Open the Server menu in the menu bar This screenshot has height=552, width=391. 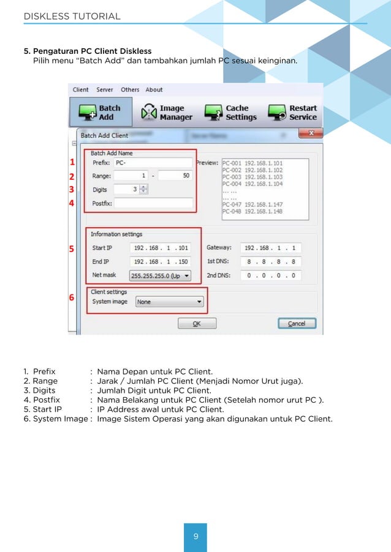click(105, 90)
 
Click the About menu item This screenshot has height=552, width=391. click(154, 90)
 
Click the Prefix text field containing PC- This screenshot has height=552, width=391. click(153, 163)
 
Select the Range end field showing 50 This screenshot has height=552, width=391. click(175, 176)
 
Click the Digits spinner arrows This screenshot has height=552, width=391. click(143, 190)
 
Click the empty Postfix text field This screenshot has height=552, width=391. click(153, 203)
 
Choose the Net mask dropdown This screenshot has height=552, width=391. click(160, 276)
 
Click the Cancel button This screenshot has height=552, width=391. click(297, 323)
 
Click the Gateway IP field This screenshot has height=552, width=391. click(270, 248)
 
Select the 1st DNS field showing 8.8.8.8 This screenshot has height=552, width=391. click(270, 262)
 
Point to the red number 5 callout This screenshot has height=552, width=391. click(72, 249)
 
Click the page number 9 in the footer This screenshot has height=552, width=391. click(195, 537)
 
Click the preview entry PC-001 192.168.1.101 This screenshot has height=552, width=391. click(252, 163)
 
